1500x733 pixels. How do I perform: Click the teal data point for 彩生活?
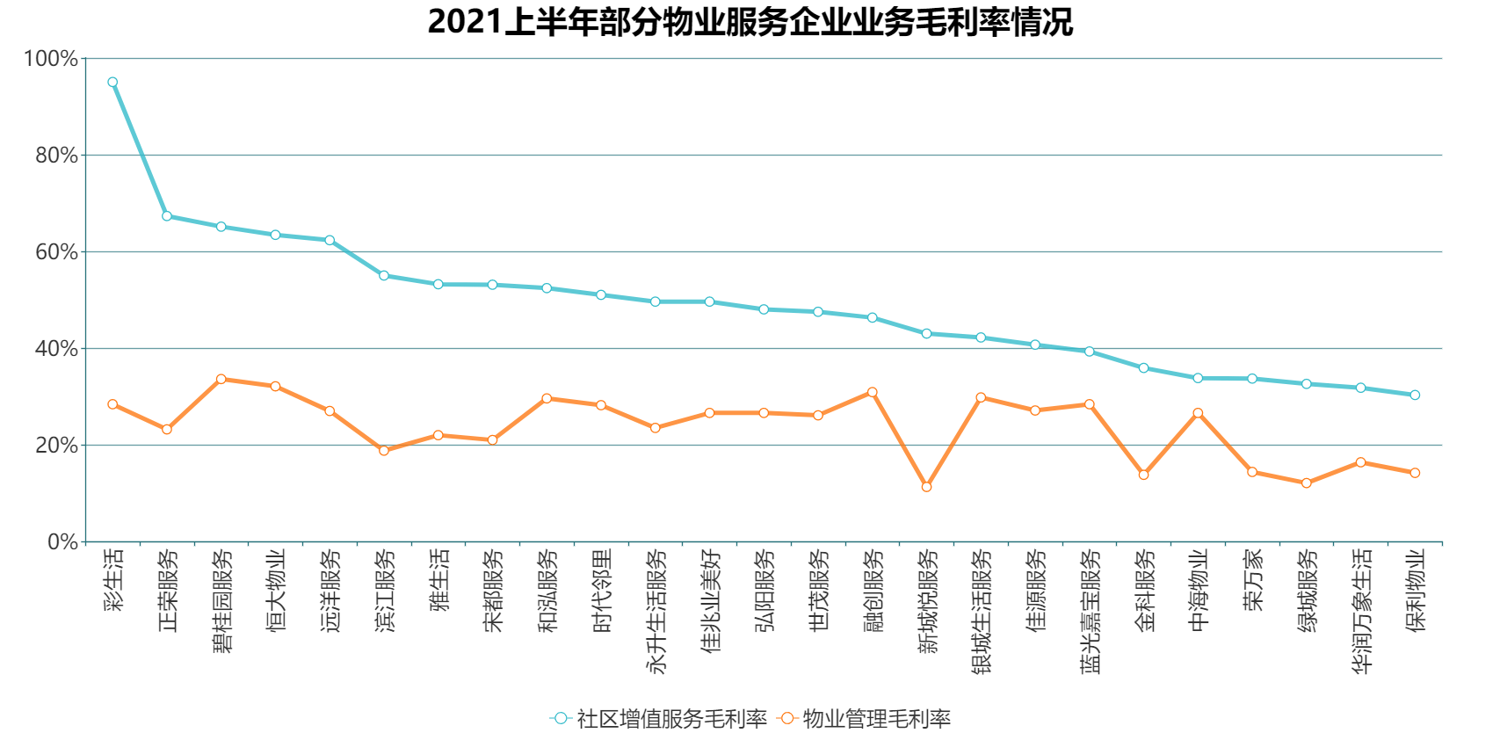(112, 82)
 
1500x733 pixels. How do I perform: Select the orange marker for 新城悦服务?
(926, 487)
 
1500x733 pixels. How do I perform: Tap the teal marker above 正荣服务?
(167, 216)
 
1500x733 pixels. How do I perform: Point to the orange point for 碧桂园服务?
(221, 379)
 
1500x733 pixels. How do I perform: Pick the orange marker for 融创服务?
(873, 392)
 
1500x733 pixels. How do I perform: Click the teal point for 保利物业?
(1415, 396)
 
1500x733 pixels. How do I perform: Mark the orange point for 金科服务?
(1143, 475)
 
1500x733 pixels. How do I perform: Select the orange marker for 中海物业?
(1198, 413)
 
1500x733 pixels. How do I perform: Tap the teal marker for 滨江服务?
(384, 276)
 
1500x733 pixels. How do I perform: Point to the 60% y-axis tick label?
(54, 252)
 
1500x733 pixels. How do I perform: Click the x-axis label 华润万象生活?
(1360, 611)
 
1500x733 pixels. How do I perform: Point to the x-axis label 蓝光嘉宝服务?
(1090, 611)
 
